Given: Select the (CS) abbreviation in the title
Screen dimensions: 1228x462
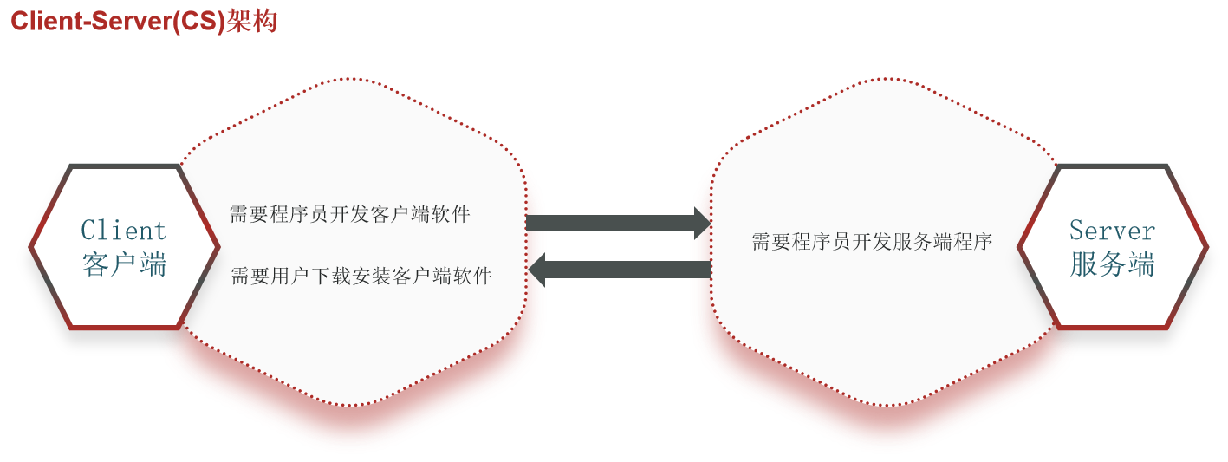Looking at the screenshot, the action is tap(197, 21).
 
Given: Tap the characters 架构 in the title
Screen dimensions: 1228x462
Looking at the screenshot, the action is tap(251, 21).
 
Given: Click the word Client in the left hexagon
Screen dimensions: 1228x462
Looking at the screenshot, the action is tap(123, 231).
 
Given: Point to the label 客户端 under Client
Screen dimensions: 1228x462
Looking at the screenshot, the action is tap(123, 264).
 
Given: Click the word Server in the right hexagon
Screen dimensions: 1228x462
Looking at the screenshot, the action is tap(1112, 231).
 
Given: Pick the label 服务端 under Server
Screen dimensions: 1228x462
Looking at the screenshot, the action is tap(1112, 264).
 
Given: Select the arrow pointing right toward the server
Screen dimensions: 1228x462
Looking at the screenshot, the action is tap(615, 223).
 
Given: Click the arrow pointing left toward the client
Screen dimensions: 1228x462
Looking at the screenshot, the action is tap(624, 270).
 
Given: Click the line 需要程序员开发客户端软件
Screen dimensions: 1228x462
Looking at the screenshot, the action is tap(349, 214).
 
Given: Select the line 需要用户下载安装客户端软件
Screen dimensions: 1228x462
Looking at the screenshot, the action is tap(361, 277).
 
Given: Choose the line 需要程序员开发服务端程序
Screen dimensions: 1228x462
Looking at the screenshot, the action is tap(871, 242).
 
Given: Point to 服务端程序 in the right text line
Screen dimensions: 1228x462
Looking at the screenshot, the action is tap(942, 242).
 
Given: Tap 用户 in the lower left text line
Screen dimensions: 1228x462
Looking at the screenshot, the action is tap(290, 277).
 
